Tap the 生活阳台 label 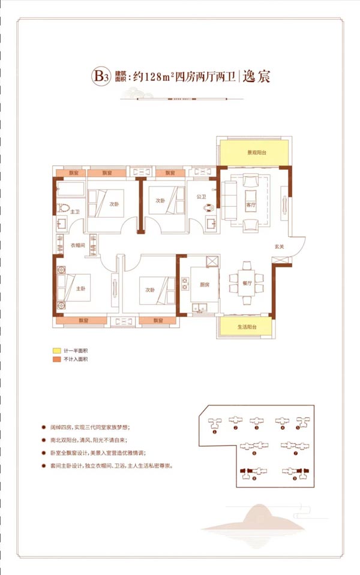point(247,327)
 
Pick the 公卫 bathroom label point(201,196)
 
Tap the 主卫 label point(75,212)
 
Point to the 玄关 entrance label point(279,246)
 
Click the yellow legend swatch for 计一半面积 point(55,350)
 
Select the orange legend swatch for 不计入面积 point(55,359)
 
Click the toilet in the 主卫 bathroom point(63,208)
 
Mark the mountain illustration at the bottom point(252,519)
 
